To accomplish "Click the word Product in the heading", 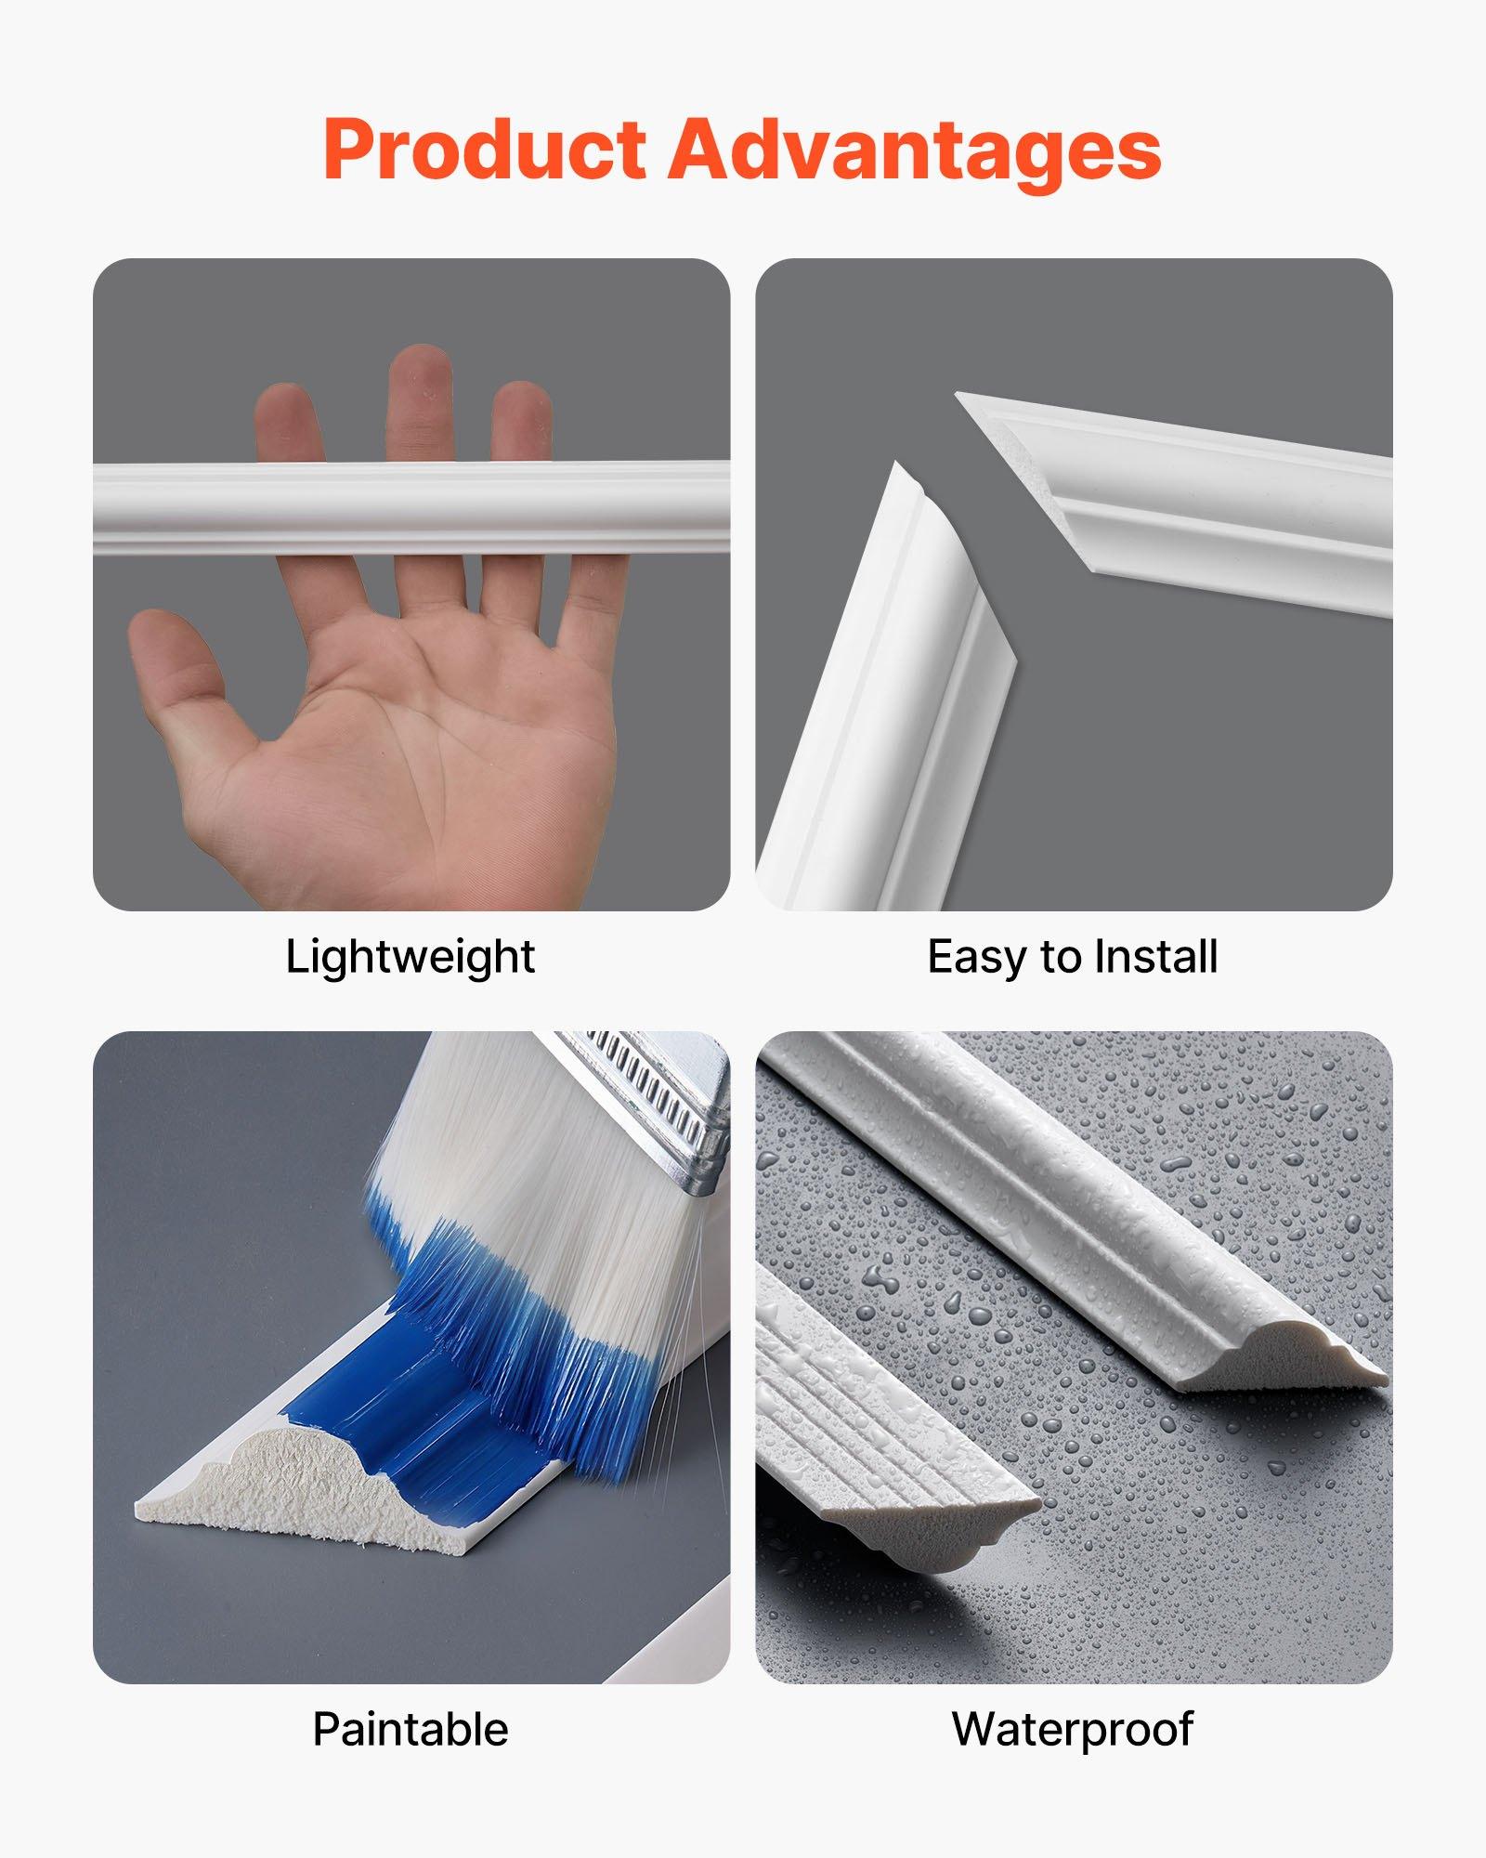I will coord(484,150).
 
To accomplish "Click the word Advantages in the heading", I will coord(915,150).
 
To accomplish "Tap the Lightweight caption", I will coord(410,956).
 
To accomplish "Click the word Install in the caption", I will coord(1155,956).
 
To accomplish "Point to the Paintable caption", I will coord(410,1729).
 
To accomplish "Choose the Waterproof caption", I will coord(1073,1729).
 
